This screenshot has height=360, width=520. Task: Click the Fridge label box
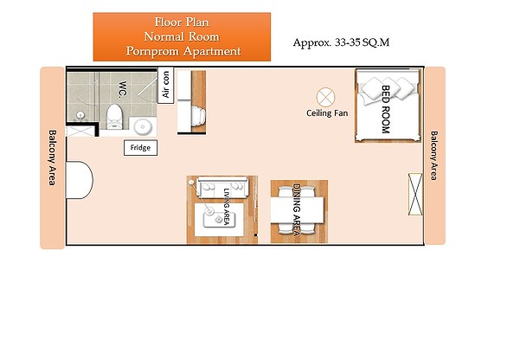[x=141, y=148]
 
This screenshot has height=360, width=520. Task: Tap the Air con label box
[x=165, y=85]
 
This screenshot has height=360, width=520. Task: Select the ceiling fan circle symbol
[x=325, y=97]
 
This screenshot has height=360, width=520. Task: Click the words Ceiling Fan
[x=327, y=113]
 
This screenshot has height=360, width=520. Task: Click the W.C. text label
[x=122, y=89]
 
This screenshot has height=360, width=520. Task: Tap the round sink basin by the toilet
[x=143, y=126]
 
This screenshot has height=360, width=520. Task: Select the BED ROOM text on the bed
[x=386, y=110]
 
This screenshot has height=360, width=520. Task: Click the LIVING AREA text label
[x=227, y=207]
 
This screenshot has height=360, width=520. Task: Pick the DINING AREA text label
[x=297, y=210]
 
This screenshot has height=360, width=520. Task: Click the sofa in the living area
[x=221, y=188]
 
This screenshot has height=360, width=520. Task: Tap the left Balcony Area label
[x=53, y=157]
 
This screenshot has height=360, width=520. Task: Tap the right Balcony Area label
[x=433, y=156]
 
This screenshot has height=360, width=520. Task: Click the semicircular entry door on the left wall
[x=80, y=180]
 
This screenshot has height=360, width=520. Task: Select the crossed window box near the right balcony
[x=415, y=194]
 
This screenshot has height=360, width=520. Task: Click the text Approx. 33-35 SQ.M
[x=341, y=42]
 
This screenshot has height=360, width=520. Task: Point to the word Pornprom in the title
[x=153, y=51]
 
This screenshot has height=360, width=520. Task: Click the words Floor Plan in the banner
[x=182, y=22]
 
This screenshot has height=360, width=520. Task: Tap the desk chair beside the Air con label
[x=198, y=116]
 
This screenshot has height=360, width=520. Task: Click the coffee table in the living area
[x=219, y=219]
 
